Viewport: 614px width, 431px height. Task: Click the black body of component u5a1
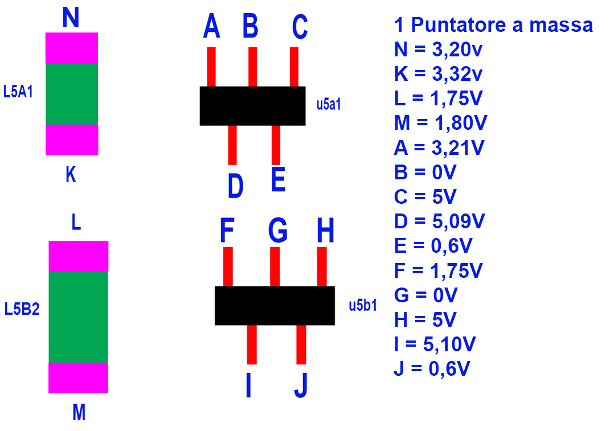tap(252, 106)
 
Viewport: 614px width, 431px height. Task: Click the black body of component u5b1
tap(275, 306)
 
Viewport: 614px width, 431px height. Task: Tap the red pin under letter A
tap(211, 66)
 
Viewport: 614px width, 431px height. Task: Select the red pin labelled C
tap(294, 66)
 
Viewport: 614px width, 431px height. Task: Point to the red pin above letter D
tap(232, 145)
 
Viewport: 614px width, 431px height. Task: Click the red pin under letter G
tap(275, 266)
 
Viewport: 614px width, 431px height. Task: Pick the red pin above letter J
tap(301, 344)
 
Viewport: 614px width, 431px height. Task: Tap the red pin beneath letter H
tap(322, 266)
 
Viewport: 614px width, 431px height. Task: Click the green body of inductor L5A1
tap(72, 94)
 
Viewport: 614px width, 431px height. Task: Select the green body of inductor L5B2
tap(78, 317)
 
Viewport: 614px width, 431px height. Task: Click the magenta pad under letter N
tap(72, 48)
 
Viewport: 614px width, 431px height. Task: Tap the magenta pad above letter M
tap(78, 377)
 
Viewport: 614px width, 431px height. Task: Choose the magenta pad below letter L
tap(78, 256)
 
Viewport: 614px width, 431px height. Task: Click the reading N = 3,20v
tap(438, 50)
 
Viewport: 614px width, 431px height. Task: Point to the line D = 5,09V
tap(439, 221)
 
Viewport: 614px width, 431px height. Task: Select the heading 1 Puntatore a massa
tap(493, 25)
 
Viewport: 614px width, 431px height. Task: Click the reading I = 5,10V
tap(435, 344)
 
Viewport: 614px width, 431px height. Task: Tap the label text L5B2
tap(22, 310)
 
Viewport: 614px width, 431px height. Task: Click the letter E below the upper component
tap(278, 182)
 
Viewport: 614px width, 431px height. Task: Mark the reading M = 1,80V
tap(440, 123)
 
